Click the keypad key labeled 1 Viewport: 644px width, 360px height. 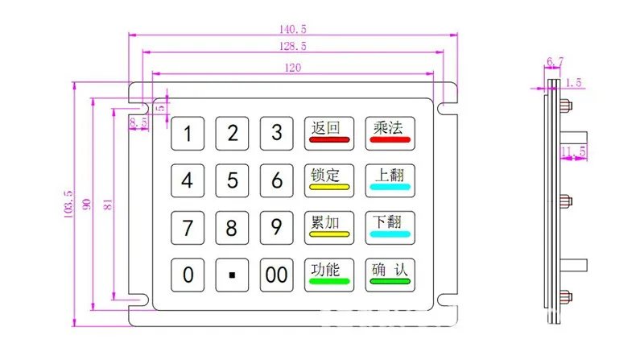pyautogui.click(x=188, y=134)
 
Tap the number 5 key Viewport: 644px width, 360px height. pyautogui.click(x=232, y=180)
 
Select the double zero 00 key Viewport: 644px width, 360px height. pyautogui.click(x=276, y=275)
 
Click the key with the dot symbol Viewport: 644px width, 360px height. pyautogui.click(x=232, y=275)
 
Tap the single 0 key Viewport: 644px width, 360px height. pyautogui.click(x=188, y=275)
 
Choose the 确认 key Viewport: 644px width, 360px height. pyautogui.click(x=390, y=275)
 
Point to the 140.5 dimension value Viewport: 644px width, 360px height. pyautogui.click(x=291, y=28)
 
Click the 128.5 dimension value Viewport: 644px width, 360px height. pyautogui.click(x=291, y=47)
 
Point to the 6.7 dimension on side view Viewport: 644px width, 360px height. pyautogui.click(x=554, y=61)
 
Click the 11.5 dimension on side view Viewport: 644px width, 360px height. pyautogui.click(x=573, y=151)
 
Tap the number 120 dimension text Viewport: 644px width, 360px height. pyautogui.click(x=291, y=68)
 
